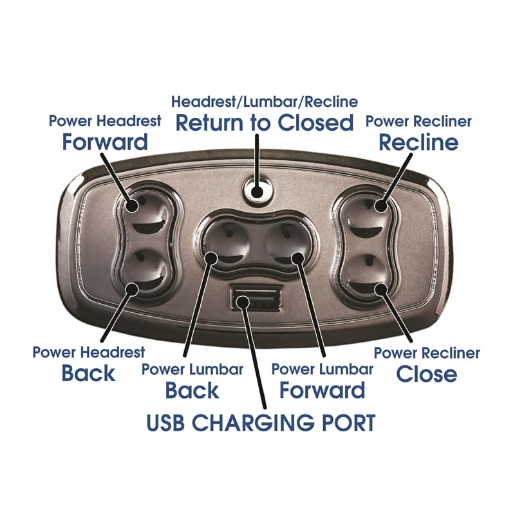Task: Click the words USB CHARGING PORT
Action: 261,423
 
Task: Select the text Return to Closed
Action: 265,122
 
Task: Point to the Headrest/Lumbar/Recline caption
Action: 265,102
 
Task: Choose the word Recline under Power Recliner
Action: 418,142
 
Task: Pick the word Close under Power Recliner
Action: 426,373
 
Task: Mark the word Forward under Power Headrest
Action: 105,142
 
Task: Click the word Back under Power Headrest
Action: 89,373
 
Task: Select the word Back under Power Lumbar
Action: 192,390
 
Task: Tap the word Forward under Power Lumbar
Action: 323,390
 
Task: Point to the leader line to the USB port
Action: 256,360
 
